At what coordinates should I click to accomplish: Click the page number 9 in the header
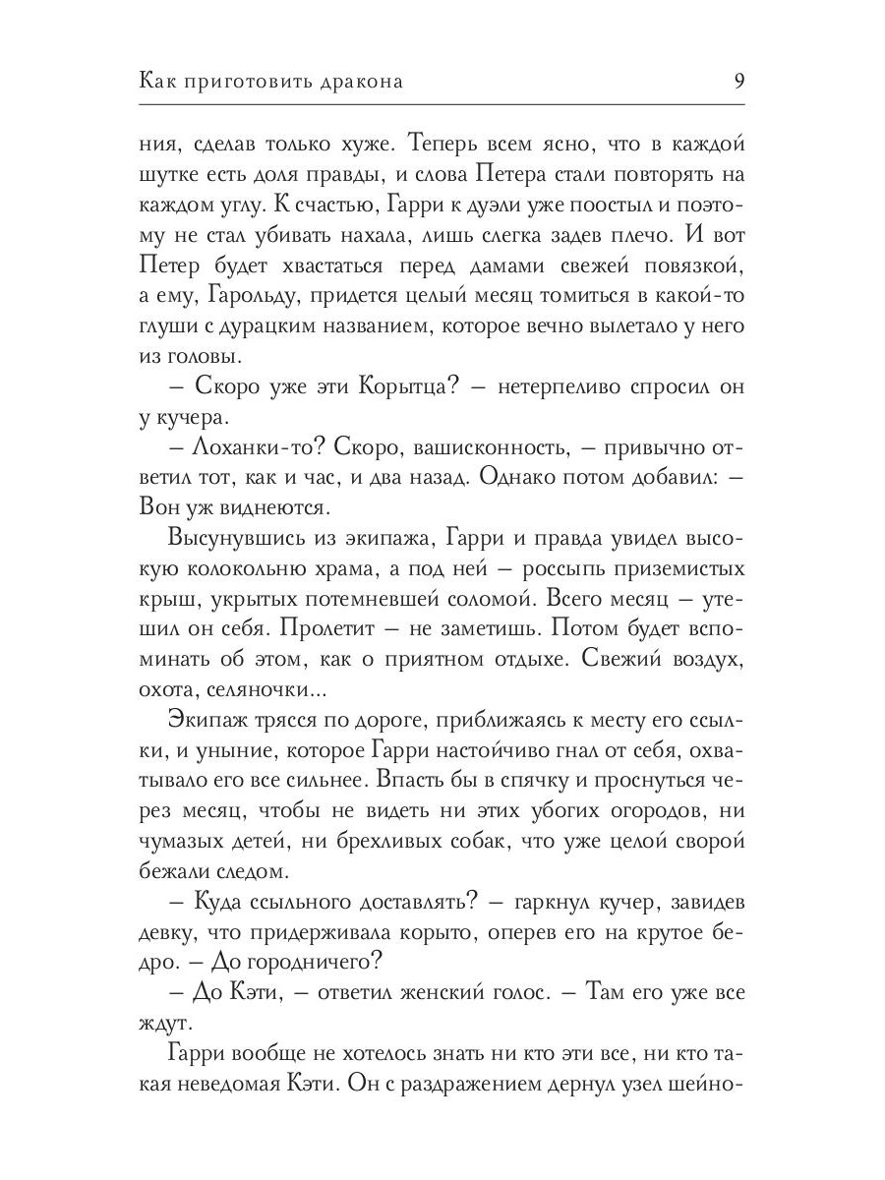[x=738, y=81]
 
